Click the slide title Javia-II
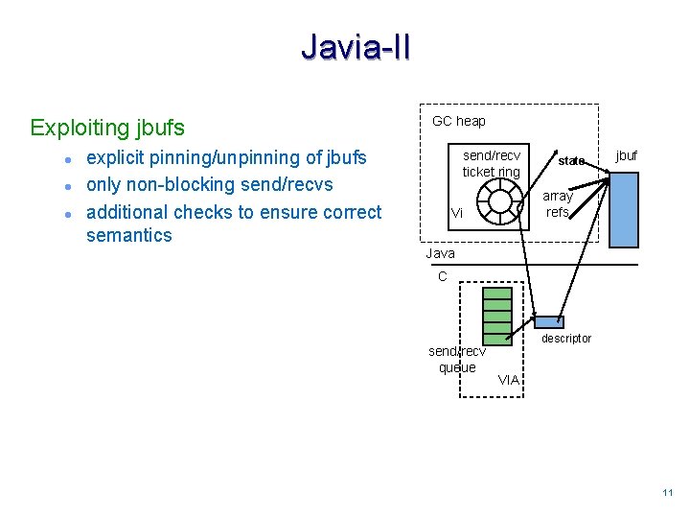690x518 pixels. (x=355, y=46)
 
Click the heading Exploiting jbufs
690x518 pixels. (x=107, y=128)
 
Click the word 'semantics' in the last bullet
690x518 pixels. (x=129, y=236)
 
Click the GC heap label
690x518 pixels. (x=459, y=121)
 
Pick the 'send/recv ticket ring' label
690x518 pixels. (x=492, y=163)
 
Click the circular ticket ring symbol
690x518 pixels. (x=500, y=200)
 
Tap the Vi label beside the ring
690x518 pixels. (x=456, y=214)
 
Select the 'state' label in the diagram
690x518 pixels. (x=571, y=160)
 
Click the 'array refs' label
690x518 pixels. (x=558, y=203)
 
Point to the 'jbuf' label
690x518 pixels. (x=626, y=155)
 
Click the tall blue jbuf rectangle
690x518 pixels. (x=624, y=210)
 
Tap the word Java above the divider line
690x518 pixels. (x=441, y=254)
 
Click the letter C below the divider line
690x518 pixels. (x=442, y=276)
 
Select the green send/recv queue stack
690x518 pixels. (x=497, y=314)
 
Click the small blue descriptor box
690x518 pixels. (x=549, y=322)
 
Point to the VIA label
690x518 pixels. (x=509, y=380)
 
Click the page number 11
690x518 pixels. (x=668, y=493)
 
